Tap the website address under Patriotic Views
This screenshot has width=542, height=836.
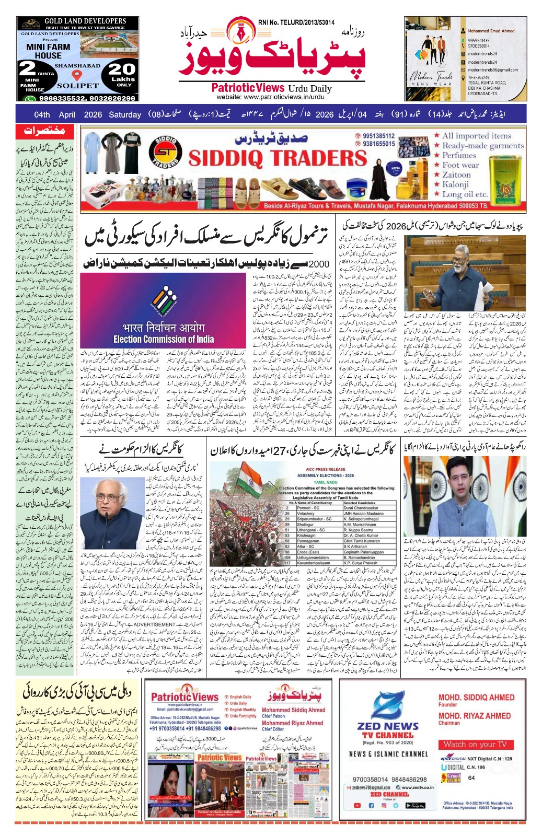coord(271,97)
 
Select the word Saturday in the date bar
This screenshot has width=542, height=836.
coord(125,115)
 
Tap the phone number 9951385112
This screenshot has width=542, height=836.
coord(379,136)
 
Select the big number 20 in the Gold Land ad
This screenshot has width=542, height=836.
coord(122,69)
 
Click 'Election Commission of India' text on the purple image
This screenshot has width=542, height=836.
coord(163,339)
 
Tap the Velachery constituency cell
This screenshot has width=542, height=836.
coord(306,513)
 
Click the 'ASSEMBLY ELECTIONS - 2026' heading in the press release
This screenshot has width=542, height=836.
coord(325,475)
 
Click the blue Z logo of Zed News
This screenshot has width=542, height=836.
coord(388,706)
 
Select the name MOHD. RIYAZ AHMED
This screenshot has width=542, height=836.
coord(474,715)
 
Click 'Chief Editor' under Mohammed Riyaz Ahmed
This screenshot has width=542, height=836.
coord(273,729)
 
